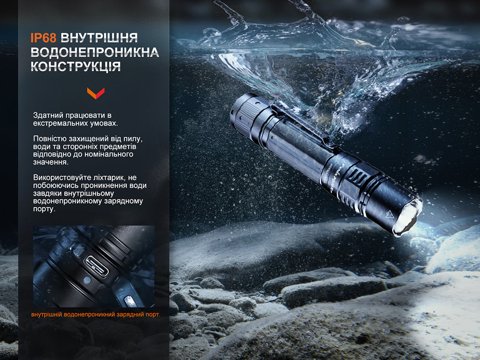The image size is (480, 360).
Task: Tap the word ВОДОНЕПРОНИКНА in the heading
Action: pyautogui.click(x=94, y=52)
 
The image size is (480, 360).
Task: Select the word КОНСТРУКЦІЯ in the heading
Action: pyautogui.click(x=75, y=67)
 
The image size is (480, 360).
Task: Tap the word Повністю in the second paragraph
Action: pyautogui.click(x=49, y=139)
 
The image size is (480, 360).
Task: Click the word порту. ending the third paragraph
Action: pyautogui.click(x=44, y=209)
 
